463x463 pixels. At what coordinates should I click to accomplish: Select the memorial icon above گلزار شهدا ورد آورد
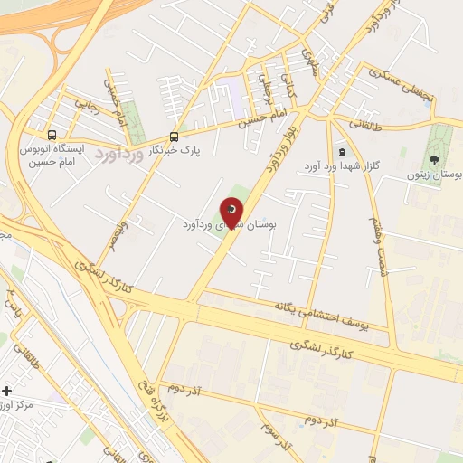tap(341, 152)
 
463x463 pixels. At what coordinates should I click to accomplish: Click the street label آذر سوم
tap(275, 434)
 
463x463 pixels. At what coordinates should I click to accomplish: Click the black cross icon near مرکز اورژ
tap(8, 392)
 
